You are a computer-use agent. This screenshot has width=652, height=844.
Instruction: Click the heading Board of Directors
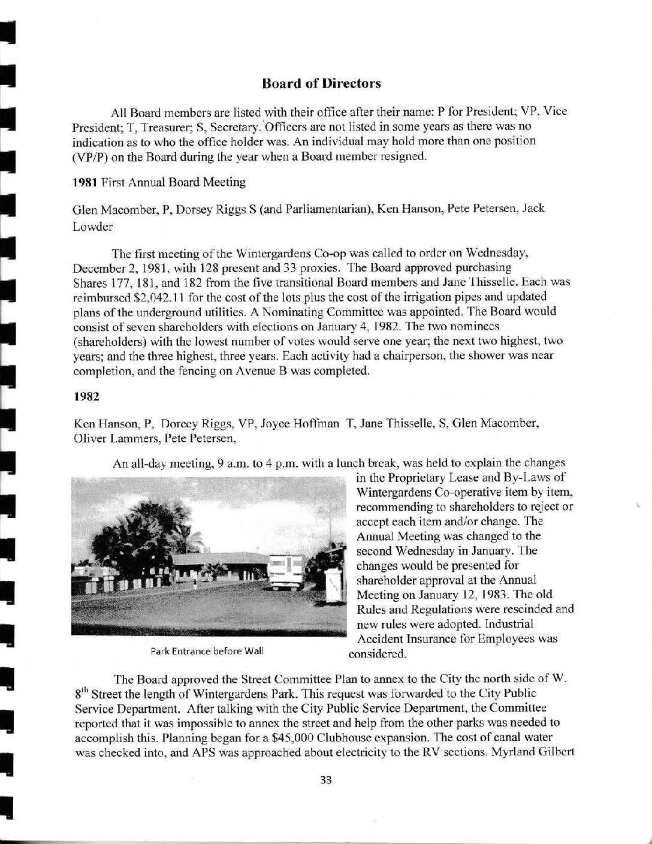tap(321, 83)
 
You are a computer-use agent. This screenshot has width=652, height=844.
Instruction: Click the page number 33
tap(326, 780)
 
